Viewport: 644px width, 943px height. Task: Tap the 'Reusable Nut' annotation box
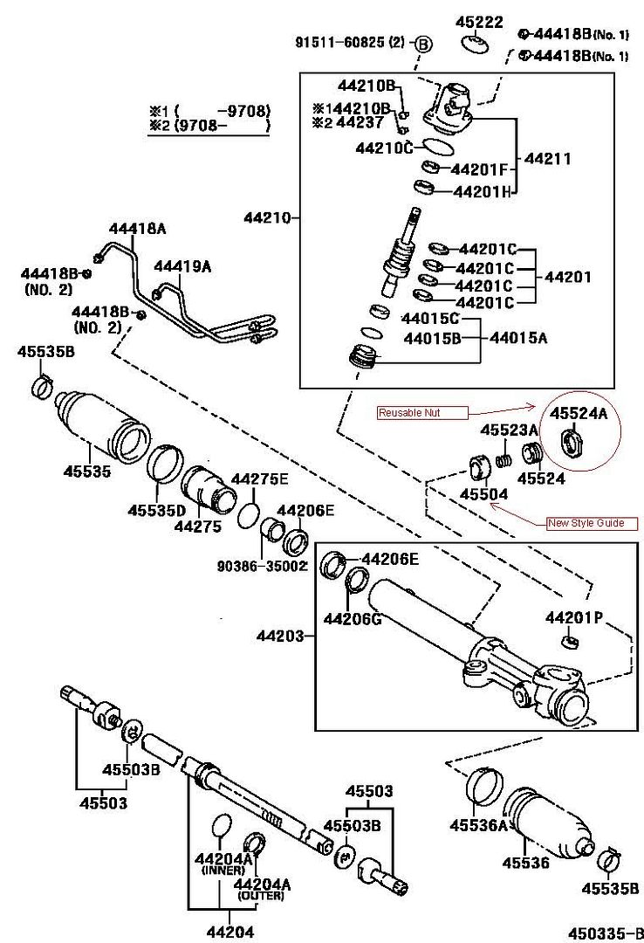pyautogui.click(x=422, y=412)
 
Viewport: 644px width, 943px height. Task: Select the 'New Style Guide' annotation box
pyautogui.click(x=592, y=523)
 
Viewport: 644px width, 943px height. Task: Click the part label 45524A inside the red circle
pyautogui.click(x=578, y=414)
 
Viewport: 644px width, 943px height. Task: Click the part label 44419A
pyautogui.click(x=182, y=266)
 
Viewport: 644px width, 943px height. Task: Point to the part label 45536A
pyautogui.click(x=479, y=825)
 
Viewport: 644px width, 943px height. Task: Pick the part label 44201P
pyautogui.click(x=574, y=618)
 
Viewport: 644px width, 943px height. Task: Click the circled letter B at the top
pyautogui.click(x=422, y=42)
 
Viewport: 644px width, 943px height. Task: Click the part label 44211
pyautogui.click(x=547, y=159)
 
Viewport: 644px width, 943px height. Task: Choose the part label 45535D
pyautogui.click(x=157, y=510)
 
